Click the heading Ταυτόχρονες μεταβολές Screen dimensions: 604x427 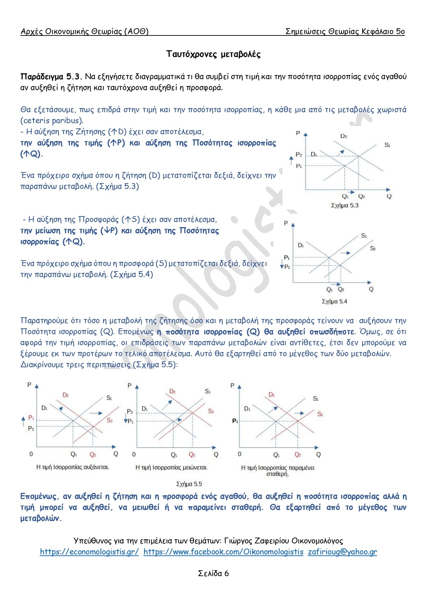(x=213, y=54)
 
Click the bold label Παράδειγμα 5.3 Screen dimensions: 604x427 (x=51, y=76)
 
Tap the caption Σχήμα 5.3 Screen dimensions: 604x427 (x=344, y=205)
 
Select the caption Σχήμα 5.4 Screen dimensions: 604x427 (x=334, y=301)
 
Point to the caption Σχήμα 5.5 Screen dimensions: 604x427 (x=189, y=484)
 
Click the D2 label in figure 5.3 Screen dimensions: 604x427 (x=343, y=136)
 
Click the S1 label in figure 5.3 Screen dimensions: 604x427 (x=387, y=145)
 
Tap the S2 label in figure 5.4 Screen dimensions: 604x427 (x=373, y=248)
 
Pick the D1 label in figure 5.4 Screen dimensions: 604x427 (x=301, y=245)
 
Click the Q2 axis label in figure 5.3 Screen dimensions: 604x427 (x=361, y=197)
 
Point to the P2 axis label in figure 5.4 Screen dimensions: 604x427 (x=287, y=267)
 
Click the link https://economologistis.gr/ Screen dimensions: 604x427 (x=89, y=552)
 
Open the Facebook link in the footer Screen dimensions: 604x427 (x=223, y=552)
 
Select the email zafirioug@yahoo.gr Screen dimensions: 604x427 (x=342, y=552)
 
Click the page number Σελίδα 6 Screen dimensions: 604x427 (x=213, y=573)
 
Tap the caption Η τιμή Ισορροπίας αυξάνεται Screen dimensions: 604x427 (x=72, y=467)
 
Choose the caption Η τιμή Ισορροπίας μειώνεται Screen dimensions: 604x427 (x=171, y=467)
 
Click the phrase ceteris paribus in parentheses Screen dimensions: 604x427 (x=52, y=120)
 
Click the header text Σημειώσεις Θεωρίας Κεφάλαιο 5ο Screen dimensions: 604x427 (x=345, y=31)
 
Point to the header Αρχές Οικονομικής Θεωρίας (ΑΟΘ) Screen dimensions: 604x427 (x=84, y=31)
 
